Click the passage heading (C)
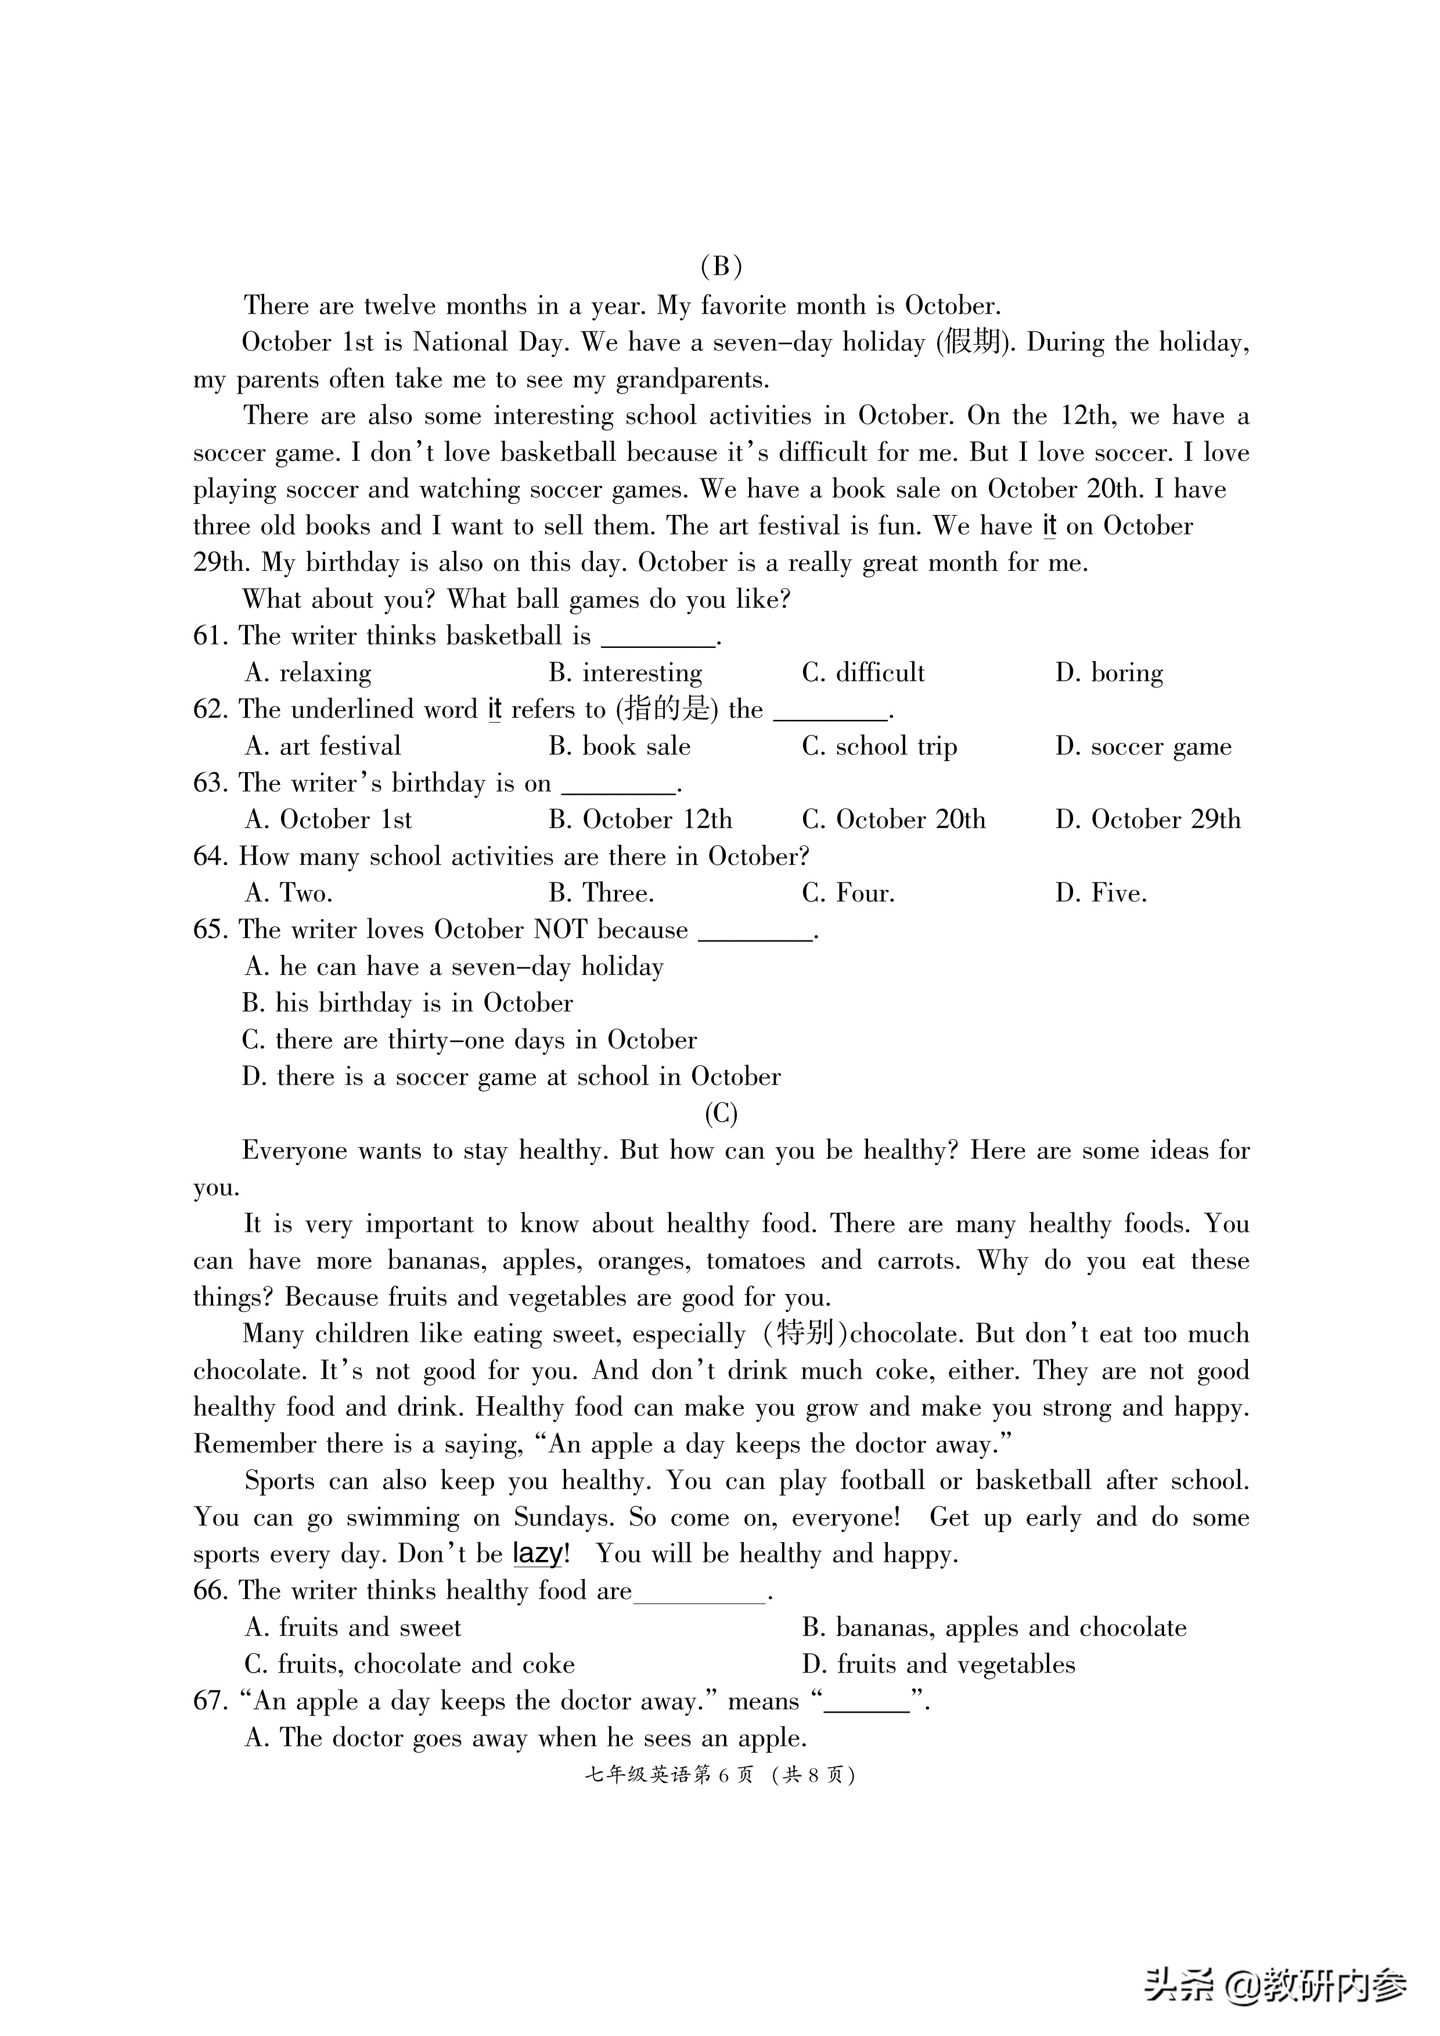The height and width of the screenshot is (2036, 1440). click(x=720, y=1113)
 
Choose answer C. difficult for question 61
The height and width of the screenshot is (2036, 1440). click(x=863, y=673)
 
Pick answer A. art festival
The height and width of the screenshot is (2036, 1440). click(x=323, y=747)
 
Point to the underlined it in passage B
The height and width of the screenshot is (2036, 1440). click(x=1049, y=527)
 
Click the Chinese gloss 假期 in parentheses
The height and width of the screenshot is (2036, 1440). click(x=974, y=343)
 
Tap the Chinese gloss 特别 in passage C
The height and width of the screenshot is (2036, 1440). click(x=804, y=1334)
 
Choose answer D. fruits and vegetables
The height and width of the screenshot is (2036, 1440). click(x=938, y=1664)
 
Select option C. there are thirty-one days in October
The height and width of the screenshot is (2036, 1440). click(x=469, y=1040)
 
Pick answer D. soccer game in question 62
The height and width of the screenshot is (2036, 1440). click(x=1143, y=747)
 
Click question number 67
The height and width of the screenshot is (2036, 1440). click(x=211, y=1701)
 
